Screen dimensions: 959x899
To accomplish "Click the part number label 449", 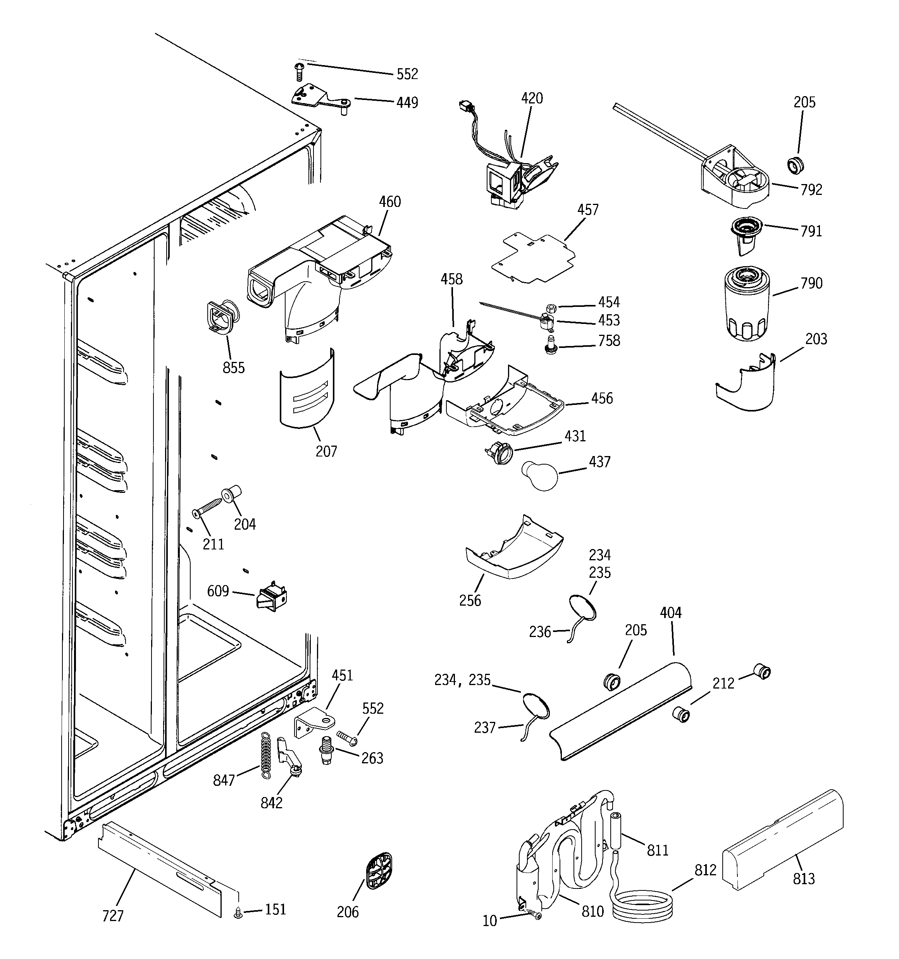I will tap(407, 103).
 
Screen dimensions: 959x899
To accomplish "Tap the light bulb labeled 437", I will tap(539, 476).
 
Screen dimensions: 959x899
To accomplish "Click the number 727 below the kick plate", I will tap(113, 916).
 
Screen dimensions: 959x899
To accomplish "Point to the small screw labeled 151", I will tap(238, 912).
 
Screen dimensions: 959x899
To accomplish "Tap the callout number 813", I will tap(803, 879).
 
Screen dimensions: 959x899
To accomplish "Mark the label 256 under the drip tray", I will tap(470, 600).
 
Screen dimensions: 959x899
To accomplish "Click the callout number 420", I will tap(532, 98).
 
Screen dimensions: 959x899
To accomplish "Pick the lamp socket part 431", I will tap(500, 455).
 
